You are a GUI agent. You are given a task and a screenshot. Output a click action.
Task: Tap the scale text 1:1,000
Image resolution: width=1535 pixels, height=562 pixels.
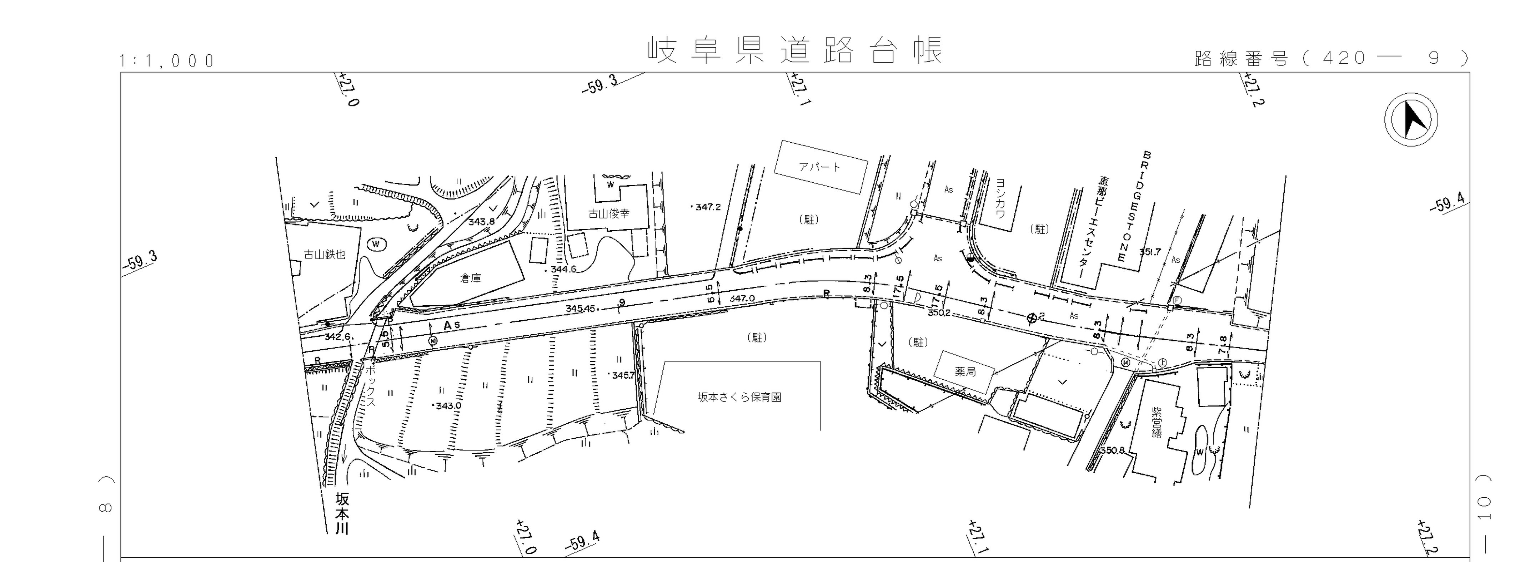167,61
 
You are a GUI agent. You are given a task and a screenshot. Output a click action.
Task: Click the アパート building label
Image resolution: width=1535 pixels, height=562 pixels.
819,167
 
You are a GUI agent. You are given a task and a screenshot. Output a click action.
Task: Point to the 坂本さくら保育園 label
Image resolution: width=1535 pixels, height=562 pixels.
739,397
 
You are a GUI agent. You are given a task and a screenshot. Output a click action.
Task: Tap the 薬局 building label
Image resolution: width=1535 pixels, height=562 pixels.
965,372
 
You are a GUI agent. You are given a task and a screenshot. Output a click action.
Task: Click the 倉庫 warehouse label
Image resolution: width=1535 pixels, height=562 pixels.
471,278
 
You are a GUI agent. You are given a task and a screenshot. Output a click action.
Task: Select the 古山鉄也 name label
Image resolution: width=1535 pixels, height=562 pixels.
325,254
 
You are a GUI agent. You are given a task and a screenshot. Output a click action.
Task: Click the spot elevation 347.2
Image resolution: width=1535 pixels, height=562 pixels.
707,207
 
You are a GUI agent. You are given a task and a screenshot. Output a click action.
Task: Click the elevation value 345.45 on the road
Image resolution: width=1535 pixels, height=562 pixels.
580,309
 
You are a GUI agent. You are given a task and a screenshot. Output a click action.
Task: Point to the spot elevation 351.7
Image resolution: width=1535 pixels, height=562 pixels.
1150,252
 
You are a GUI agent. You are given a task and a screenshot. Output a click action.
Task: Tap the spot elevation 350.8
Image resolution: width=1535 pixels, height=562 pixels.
1112,450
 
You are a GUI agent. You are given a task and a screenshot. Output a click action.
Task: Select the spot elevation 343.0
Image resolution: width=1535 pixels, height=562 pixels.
448,406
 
